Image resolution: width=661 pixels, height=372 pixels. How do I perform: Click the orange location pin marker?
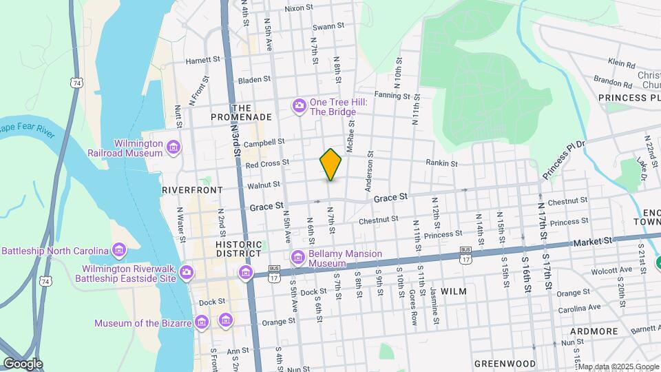point(331,164)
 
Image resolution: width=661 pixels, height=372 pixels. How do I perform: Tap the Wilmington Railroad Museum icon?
point(173,146)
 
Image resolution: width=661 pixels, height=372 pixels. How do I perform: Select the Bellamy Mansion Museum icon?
point(298,258)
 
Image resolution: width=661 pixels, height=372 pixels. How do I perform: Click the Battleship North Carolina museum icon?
point(119,250)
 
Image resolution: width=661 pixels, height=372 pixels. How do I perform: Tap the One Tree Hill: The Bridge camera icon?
point(299,105)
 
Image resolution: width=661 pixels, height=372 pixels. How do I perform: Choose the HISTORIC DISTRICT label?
point(238,249)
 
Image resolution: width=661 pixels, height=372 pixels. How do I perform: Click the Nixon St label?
point(299,8)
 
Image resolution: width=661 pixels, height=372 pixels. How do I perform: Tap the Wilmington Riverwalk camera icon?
point(187,273)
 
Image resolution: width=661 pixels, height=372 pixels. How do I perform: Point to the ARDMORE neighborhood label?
point(594,331)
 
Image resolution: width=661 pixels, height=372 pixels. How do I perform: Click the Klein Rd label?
point(620,63)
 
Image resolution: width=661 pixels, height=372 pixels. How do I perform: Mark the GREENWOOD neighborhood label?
point(505,363)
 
